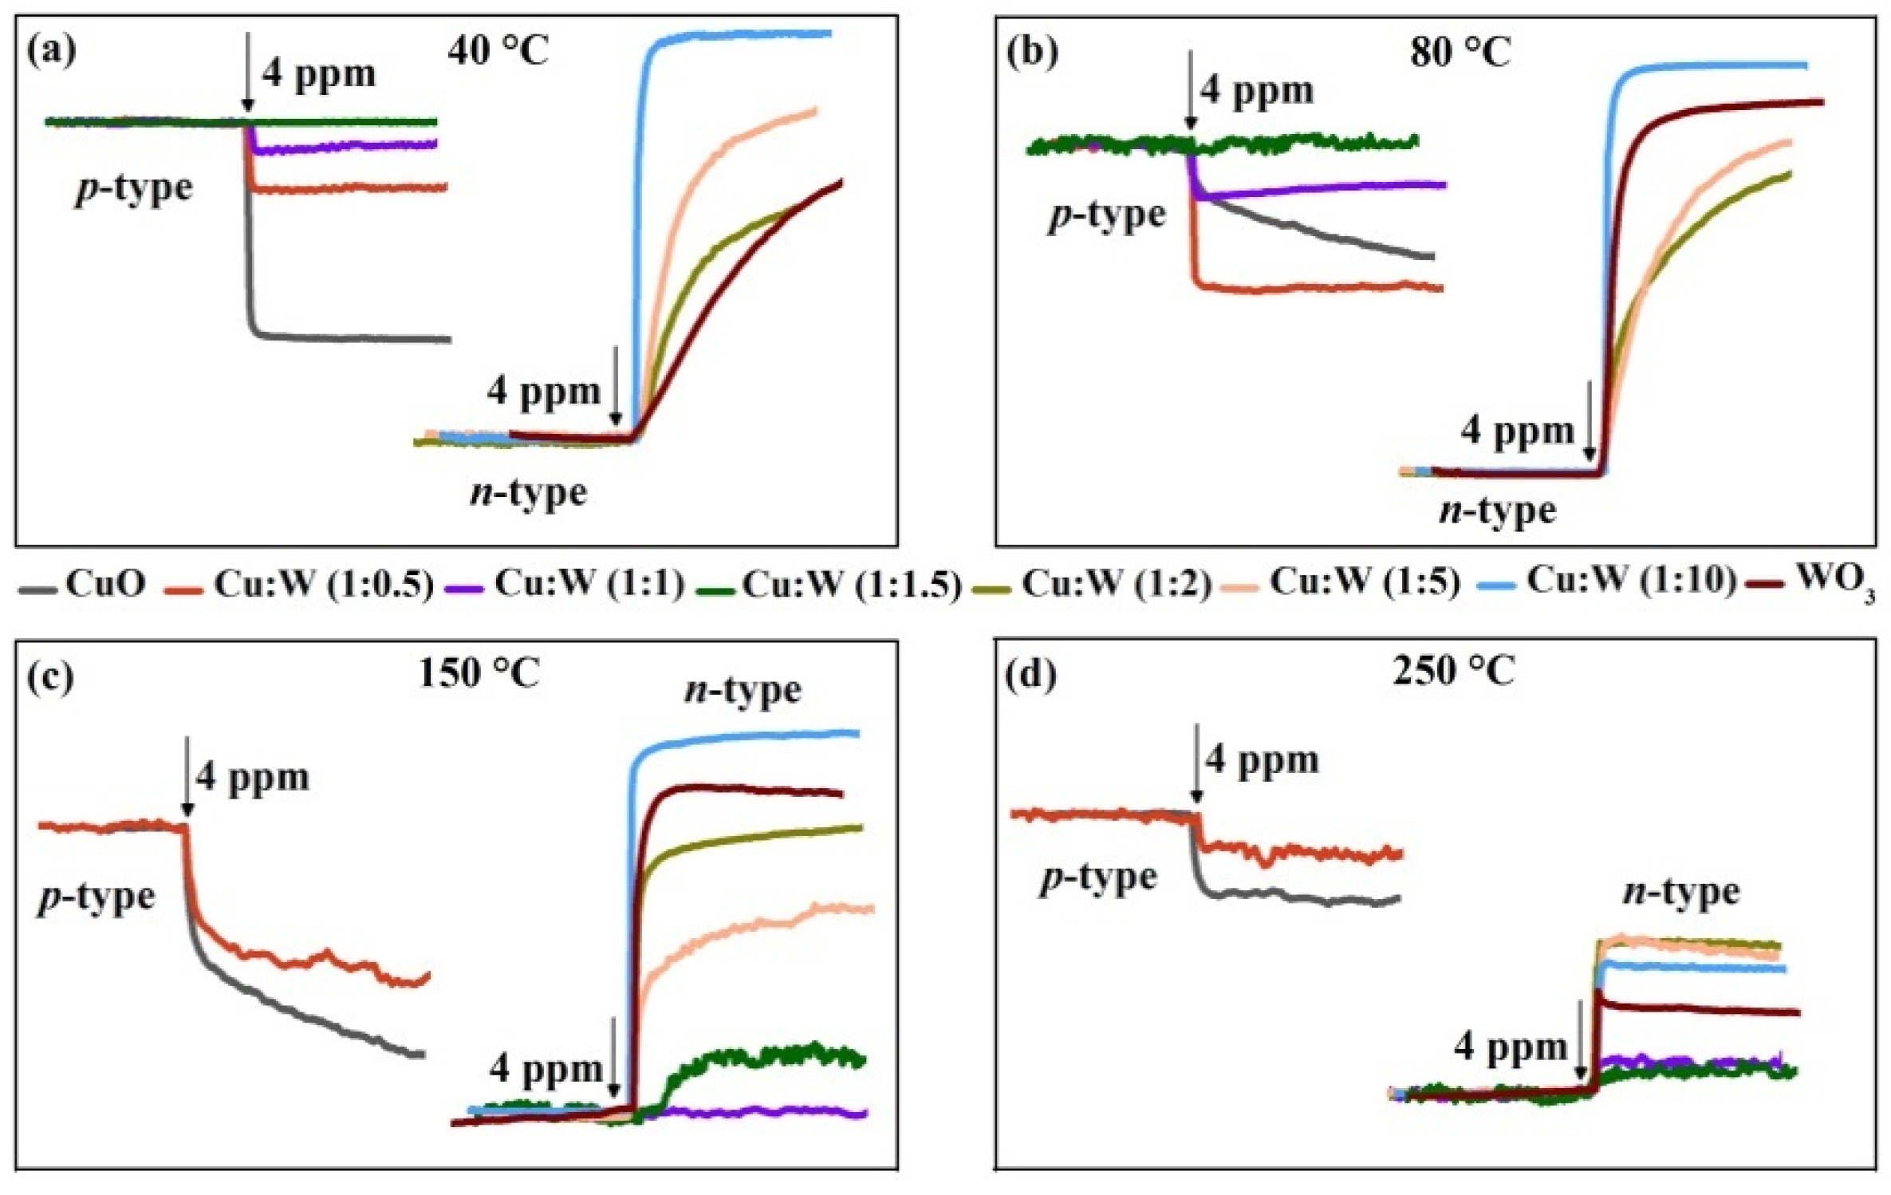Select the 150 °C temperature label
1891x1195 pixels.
pyautogui.click(x=479, y=674)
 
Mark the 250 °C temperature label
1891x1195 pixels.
pyautogui.click(x=1453, y=671)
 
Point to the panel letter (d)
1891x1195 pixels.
pyautogui.click(x=1031, y=676)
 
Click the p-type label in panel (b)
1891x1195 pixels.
pyautogui.click(x=1106, y=216)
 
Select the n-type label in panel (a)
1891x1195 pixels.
pyautogui.click(x=528, y=493)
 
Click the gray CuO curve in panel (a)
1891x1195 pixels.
pyautogui.click(x=351, y=337)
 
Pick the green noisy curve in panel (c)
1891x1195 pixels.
pyautogui.click(x=766, y=1055)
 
